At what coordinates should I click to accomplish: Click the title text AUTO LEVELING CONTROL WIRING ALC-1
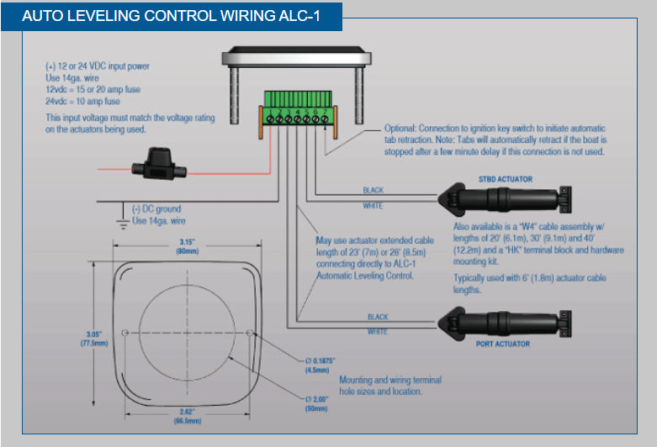click(x=171, y=16)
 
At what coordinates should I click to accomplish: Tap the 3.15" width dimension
click(x=188, y=245)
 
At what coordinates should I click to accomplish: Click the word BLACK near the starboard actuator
click(x=373, y=191)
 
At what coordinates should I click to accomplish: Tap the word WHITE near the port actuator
click(x=376, y=333)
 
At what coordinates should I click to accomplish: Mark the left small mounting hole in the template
click(x=125, y=334)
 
